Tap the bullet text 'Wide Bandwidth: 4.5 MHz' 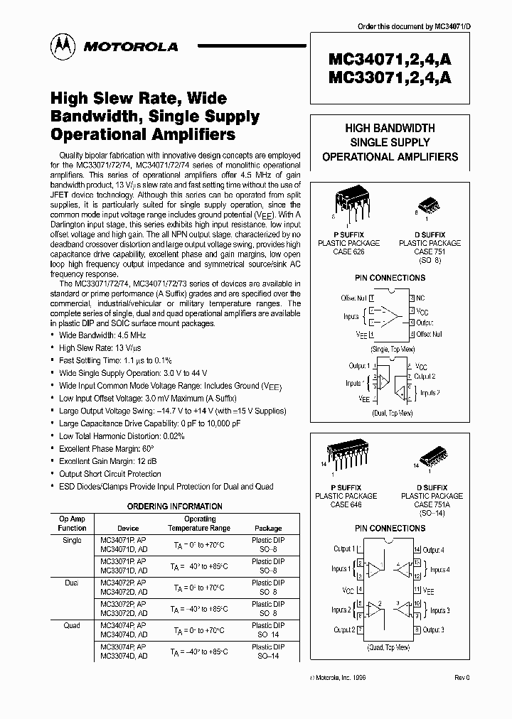pos(103,335)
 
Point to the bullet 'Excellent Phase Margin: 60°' pos(107,449)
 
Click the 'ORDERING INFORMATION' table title pos(174,507)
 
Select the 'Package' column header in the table pos(268,529)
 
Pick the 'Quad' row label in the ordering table pos(72,625)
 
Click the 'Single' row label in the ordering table pos(72,541)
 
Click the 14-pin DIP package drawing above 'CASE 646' pos(347,456)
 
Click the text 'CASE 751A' pos(429,504)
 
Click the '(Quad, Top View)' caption pos(388,647)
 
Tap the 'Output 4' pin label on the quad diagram pos(434,549)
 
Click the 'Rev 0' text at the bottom pos(462,678)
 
